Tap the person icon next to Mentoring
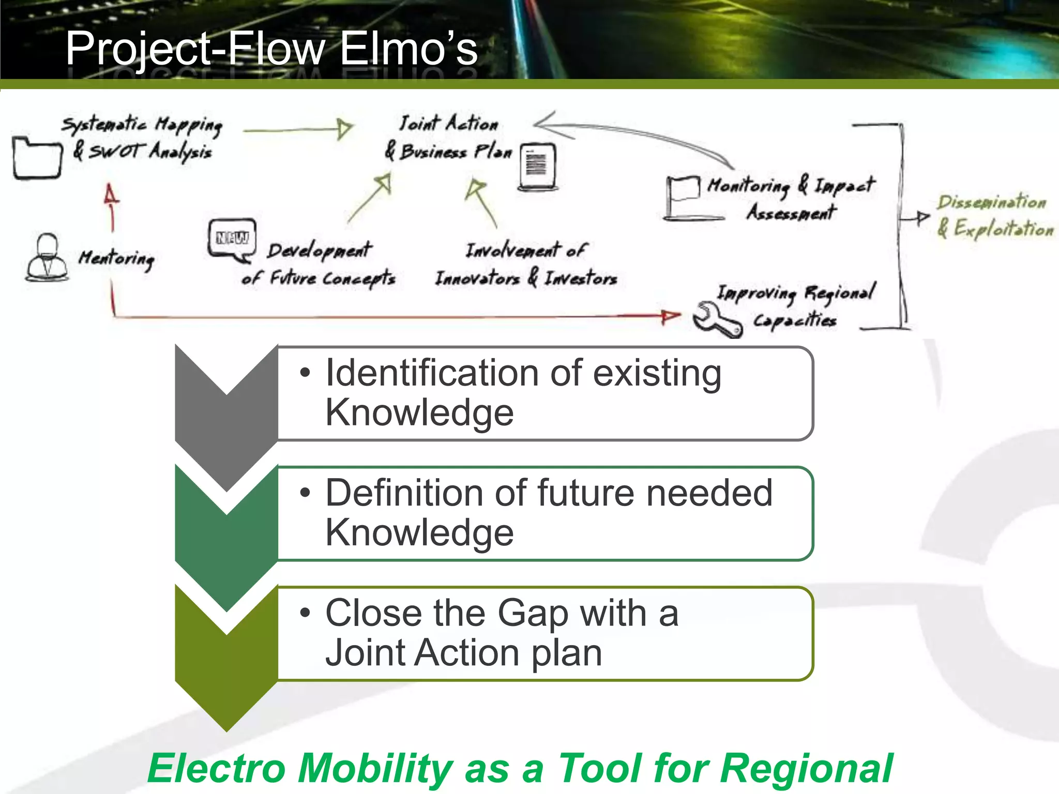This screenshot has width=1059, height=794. pos(47,257)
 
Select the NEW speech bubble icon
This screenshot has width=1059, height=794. pos(232,239)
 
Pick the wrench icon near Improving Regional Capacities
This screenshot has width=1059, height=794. pos(716,319)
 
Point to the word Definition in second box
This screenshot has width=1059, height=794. pos(403,493)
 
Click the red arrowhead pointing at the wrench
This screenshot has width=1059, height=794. pos(671,316)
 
